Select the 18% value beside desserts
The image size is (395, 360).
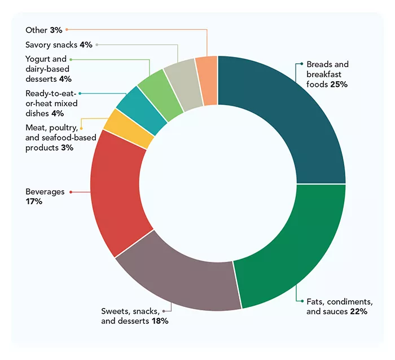click(x=160, y=321)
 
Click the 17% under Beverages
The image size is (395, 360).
click(x=34, y=201)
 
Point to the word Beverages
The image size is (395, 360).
click(x=45, y=192)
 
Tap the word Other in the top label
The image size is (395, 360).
click(x=36, y=29)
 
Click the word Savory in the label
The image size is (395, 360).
click(x=38, y=44)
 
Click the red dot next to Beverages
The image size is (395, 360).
click(x=71, y=192)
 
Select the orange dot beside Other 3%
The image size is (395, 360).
click(x=67, y=29)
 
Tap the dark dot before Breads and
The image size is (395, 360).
click(x=301, y=64)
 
